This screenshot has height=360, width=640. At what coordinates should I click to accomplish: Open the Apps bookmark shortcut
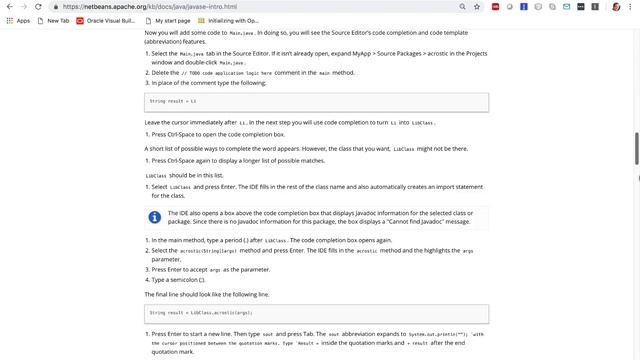click(x=18, y=20)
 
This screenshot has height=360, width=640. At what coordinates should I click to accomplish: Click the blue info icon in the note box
click(x=155, y=217)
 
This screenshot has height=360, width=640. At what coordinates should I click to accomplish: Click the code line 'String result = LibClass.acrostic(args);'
click(x=199, y=312)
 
